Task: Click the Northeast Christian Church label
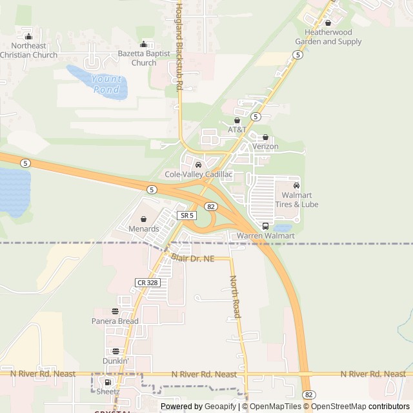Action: point(28,50)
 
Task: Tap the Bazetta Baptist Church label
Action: point(143,58)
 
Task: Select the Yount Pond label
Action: point(106,84)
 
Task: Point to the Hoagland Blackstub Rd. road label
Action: point(179,45)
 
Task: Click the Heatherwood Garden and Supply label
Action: point(328,37)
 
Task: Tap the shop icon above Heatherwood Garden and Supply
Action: point(328,23)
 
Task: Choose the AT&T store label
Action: point(237,130)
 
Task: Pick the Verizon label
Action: point(265,146)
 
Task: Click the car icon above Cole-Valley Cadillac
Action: point(198,165)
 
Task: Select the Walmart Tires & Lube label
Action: point(297,200)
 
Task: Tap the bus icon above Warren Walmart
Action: point(265,226)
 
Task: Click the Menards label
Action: point(143,229)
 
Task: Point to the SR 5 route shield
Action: point(187,215)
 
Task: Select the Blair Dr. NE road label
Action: point(192,258)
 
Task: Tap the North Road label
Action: point(235,297)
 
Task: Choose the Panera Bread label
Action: point(115,321)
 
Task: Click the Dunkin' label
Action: point(116,361)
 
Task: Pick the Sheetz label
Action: point(108,392)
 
